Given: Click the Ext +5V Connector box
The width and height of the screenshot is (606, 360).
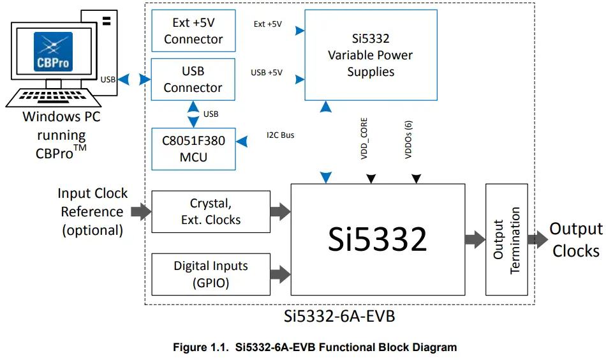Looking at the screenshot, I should [x=193, y=31].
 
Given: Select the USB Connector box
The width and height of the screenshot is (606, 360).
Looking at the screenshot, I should [x=193, y=79].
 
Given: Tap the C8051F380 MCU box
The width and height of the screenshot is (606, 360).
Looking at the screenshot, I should [x=193, y=148].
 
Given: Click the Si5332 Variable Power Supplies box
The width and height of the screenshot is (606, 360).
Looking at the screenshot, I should [x=371, y=55].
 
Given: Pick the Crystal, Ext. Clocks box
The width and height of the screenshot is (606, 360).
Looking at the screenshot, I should [x=211, y=212].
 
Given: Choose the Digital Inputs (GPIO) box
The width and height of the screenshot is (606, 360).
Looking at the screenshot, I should [x=211, y=274].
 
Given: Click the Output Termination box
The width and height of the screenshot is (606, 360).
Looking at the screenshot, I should [x=506, y=239].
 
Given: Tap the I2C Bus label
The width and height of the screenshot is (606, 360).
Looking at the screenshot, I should [x=280, y=135].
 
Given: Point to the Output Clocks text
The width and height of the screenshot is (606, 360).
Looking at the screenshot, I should [x=575, y=240].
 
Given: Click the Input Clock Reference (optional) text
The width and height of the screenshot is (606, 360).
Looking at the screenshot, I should [x=92, y=212].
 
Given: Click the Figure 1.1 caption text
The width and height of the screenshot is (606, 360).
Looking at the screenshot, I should [x=315, y=348].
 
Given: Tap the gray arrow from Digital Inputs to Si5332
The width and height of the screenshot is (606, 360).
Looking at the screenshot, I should [x=280, y=274].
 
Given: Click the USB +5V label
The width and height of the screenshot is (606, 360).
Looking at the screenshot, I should [x=267, y=72].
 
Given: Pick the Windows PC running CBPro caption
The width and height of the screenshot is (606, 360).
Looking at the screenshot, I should [x=61, y=135].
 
